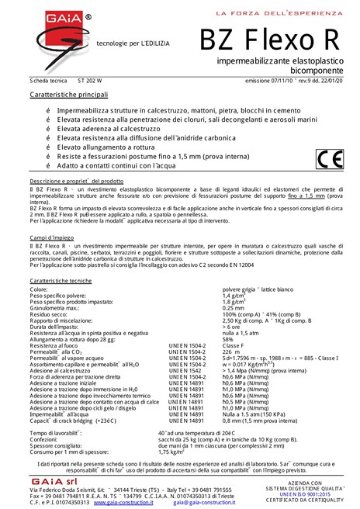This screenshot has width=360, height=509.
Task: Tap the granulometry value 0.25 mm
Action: click(234, 307)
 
